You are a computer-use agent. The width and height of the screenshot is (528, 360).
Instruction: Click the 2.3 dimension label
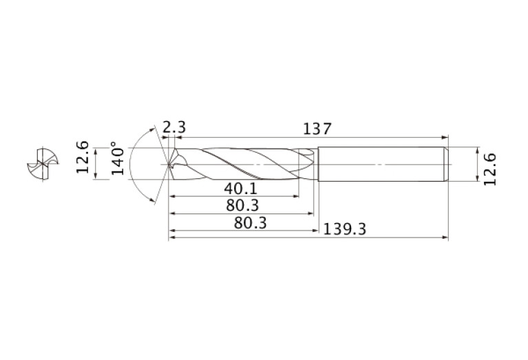174,128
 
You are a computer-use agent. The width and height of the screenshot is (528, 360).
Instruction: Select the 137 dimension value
317,128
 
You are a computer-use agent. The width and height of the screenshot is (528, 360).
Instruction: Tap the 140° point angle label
117,159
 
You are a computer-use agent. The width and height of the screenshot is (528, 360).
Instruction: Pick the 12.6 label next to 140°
83,157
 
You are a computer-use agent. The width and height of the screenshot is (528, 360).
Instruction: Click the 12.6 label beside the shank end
489,167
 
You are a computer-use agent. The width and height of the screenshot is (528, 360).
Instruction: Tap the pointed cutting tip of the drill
169,165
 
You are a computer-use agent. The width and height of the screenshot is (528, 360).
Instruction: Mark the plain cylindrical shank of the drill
379,165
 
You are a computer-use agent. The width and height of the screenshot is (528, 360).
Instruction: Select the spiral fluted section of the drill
241,165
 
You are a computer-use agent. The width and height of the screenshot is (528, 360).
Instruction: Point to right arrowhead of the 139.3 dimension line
445,238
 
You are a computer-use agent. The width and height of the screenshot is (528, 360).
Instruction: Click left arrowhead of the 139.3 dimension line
172,238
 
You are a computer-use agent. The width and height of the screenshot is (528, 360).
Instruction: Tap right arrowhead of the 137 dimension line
445,136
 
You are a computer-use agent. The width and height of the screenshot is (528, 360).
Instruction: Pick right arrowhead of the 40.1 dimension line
297,196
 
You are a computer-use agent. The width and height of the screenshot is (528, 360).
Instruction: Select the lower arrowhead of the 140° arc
153,199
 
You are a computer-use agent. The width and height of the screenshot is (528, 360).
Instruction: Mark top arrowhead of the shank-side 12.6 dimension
477,150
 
